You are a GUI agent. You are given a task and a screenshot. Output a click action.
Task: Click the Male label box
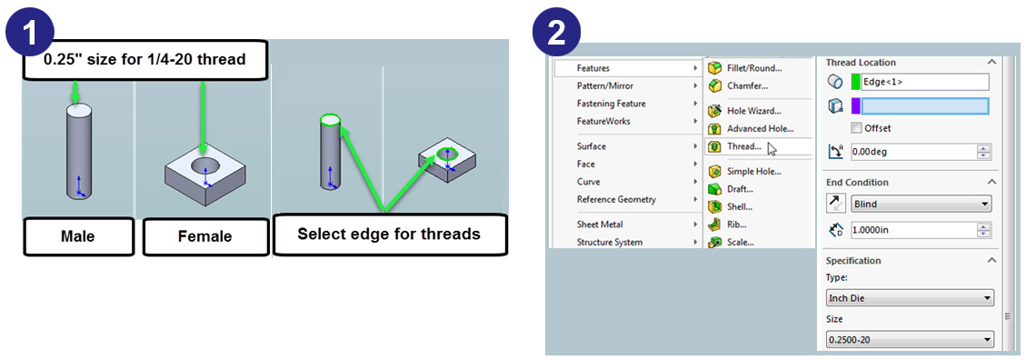78,235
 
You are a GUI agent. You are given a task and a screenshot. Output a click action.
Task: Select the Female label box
204,235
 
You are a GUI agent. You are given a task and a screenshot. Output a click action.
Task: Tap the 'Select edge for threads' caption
389,234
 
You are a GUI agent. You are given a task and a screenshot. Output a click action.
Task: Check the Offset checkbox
856,127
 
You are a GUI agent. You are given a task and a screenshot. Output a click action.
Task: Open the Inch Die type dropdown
911,298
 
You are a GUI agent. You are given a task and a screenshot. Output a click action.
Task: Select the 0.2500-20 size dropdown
911,340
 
